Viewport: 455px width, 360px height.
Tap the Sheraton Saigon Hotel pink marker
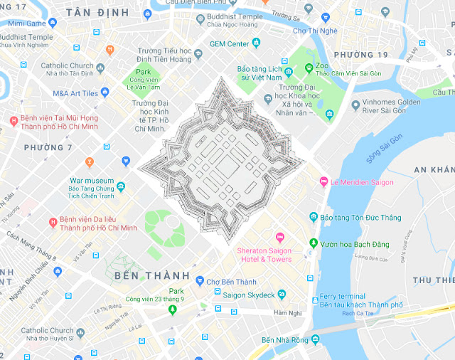pyautogui.click(x=279, y=237)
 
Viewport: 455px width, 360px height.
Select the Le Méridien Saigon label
pyautogui.click(x=362, y=182)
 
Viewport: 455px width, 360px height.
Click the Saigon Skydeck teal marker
pyautogui.click(x=282, y=294)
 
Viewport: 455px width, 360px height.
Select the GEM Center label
pyautogui.click(x=229, y=43)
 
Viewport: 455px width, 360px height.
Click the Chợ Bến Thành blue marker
pyautogui.click(x=200, y=282)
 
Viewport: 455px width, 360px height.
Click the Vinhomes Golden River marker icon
pyautogui.click(x=355, y=106)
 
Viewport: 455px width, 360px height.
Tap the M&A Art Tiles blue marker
pyautogui.click(x=105, y=92)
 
